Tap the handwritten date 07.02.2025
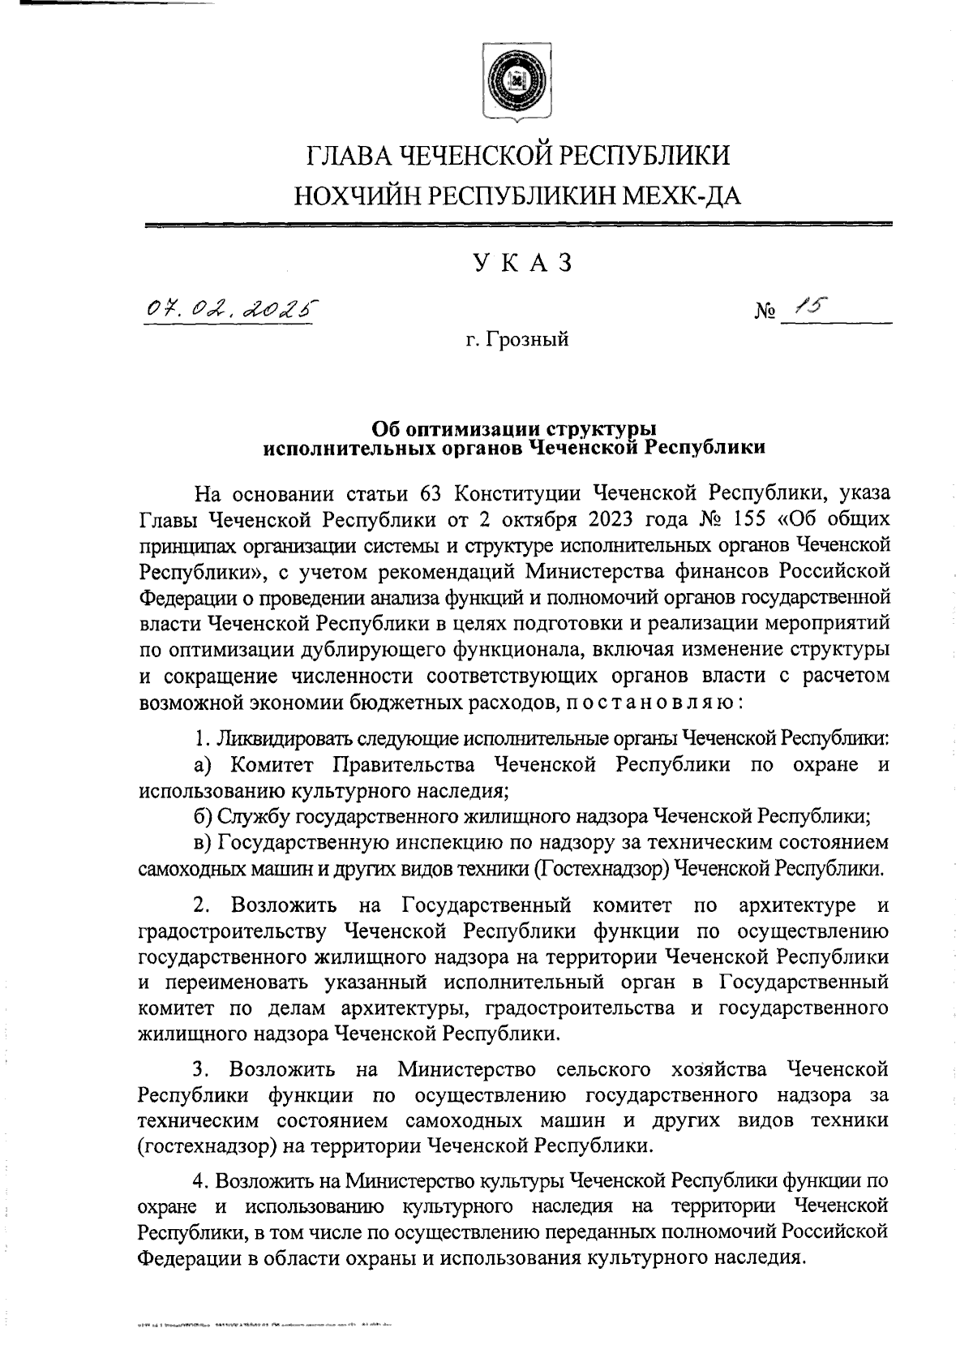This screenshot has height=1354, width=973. tap(229, 308)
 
